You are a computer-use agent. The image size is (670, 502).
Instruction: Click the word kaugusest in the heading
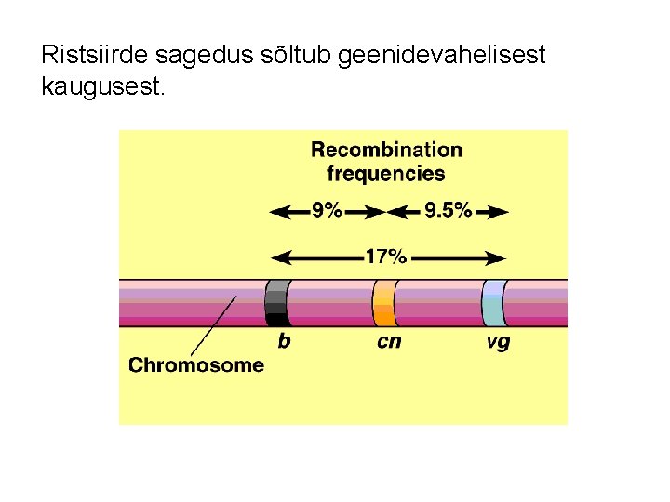(102, 88)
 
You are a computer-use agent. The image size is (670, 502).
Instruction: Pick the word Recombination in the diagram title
(386, 150)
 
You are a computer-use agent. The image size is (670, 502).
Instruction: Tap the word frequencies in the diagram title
(386, 174)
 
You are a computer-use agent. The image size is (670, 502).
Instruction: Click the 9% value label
(327, 211)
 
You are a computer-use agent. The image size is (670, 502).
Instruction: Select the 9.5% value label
(448, 211)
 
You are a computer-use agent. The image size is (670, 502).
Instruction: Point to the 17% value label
(385, 258)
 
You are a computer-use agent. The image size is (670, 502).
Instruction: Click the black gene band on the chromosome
(276, 303)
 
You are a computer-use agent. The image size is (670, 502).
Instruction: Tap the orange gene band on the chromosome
(383, 303)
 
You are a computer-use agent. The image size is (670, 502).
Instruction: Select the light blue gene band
(493, 303)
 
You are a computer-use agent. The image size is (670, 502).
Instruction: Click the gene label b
(284, 341)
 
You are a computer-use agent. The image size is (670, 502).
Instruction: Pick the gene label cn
(389, 341)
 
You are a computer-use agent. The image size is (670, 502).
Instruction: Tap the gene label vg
(498, 342)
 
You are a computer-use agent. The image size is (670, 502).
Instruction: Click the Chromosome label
(196, 365)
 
